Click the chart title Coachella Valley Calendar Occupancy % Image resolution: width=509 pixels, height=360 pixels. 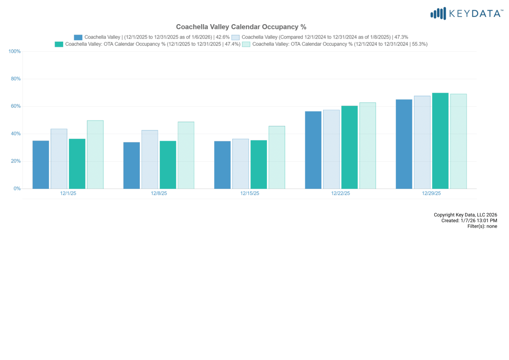point(241,27)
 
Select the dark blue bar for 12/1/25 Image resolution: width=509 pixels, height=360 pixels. point(41,165)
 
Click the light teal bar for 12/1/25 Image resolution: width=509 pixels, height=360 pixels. point(95,155)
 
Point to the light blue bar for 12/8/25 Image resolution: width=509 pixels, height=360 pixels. point(150,159)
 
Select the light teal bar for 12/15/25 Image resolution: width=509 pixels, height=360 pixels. point(277,157)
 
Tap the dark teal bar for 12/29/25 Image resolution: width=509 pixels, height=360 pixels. point(440,141)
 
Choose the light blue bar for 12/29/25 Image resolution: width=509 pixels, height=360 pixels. point(422,142)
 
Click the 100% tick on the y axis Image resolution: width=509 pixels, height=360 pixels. point(15,51)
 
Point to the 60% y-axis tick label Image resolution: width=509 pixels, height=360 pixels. point(16,106)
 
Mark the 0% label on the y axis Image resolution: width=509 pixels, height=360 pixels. point(17,188)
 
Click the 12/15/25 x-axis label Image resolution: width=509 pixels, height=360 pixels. point(249,193)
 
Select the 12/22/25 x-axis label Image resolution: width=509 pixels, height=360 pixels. point(341,193)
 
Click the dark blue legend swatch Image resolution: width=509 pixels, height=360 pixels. point(78,37)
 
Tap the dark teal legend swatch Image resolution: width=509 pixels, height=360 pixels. point(59,44)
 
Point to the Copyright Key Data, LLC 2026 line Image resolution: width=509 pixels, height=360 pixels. point(465,215)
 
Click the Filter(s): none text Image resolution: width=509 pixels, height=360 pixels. point(482,226)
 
